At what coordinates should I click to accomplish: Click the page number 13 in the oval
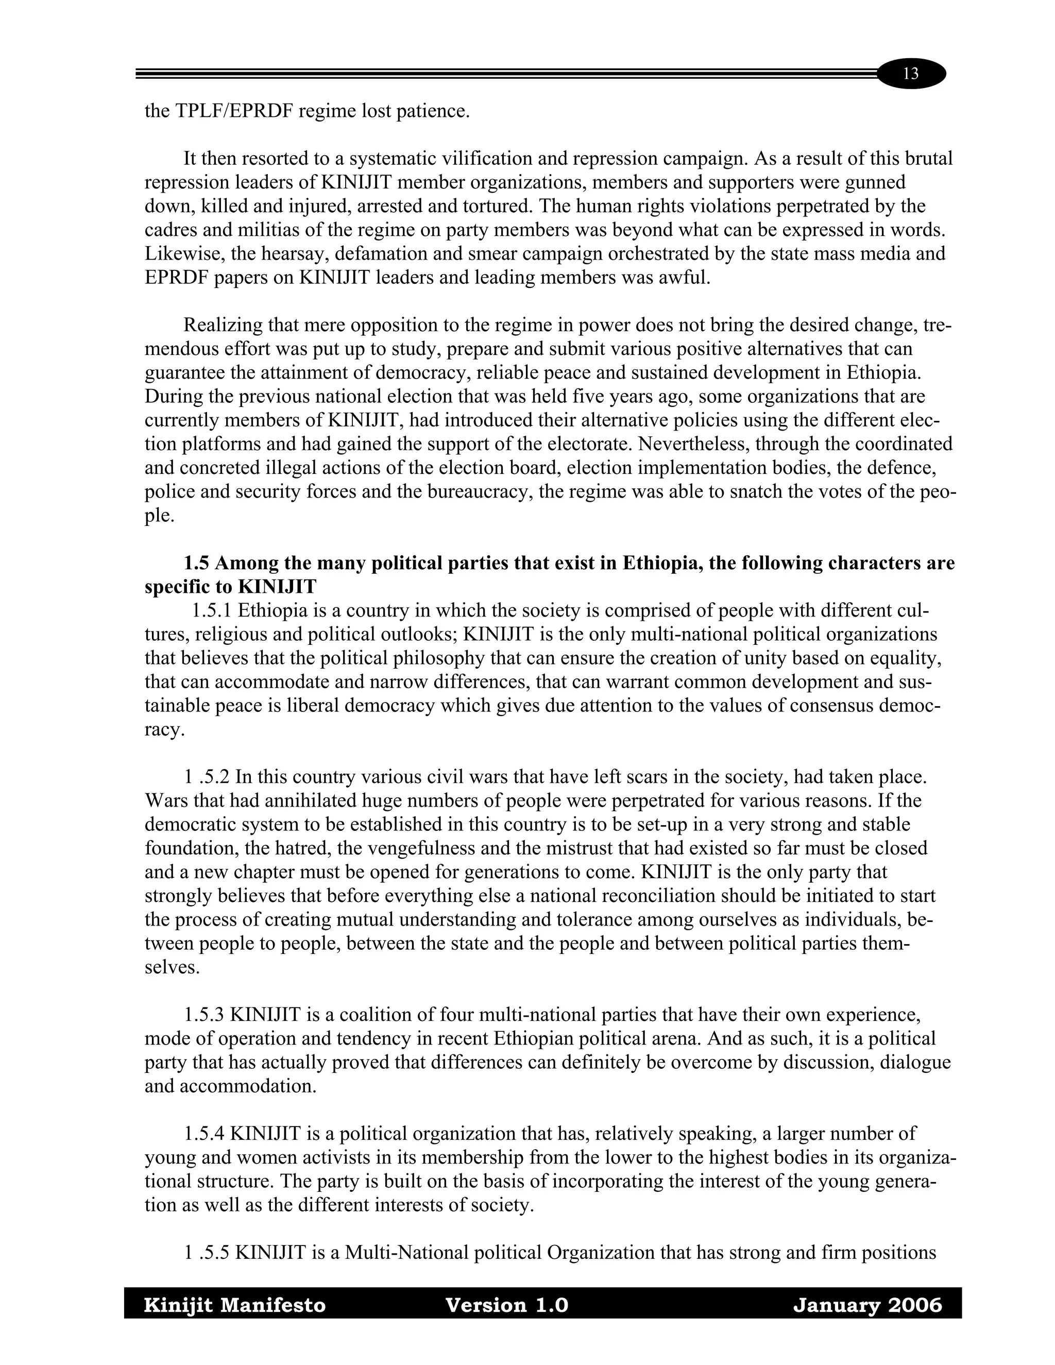point(911,74)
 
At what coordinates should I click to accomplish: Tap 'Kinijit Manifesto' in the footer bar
point(235,1305)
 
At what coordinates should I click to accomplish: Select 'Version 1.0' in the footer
point(506,1305)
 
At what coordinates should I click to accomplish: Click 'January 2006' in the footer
point(867,1305)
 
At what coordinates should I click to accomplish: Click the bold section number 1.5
point(196,563)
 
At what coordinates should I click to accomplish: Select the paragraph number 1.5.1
point(212,610)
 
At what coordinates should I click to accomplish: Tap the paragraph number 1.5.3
point(205,1014)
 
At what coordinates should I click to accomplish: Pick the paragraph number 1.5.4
point(205,1133)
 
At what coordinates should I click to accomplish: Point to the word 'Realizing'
point(223,325)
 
